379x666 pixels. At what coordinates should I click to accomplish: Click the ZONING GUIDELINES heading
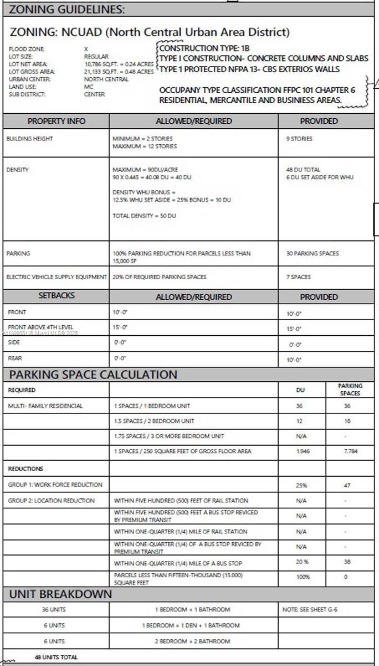click(x=67, y=9)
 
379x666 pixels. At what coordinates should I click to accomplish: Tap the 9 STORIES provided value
click(x=299, y=139)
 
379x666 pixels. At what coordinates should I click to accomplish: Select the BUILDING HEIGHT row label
click(x=29, y=139)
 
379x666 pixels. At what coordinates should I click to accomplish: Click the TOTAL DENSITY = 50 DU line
click(x=144, y=215)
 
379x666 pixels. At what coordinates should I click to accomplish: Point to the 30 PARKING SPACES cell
click(x=313, y=254)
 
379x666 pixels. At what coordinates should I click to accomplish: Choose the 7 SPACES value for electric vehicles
click(x=299, y=277)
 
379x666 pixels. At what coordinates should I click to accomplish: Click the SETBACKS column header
click(x=56, y=296)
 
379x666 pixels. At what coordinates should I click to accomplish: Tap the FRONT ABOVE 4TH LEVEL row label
click(x=40, y=327)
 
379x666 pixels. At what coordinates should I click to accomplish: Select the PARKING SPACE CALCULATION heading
click(x=93, y=375)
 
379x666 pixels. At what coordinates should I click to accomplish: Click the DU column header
click(x=300, y=390)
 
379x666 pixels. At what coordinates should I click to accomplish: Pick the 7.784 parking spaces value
click(x=350, y=451)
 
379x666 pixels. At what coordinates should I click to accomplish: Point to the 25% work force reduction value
click(x=301, y=485)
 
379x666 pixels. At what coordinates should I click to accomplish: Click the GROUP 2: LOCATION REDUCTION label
click(x=51, y=501)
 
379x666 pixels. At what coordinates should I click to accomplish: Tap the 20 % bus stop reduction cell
click(x=301, y=562)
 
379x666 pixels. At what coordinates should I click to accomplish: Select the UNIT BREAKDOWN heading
click(x=60, y=594)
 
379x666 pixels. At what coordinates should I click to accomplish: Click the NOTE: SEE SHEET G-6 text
click(x=310, y=609)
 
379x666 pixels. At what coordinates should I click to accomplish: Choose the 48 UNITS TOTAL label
click(x=56, y=657)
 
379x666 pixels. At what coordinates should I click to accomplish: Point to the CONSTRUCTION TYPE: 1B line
click(x=204, y=48)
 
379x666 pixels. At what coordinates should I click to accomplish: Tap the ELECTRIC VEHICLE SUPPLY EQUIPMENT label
click(x=56, y=277)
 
